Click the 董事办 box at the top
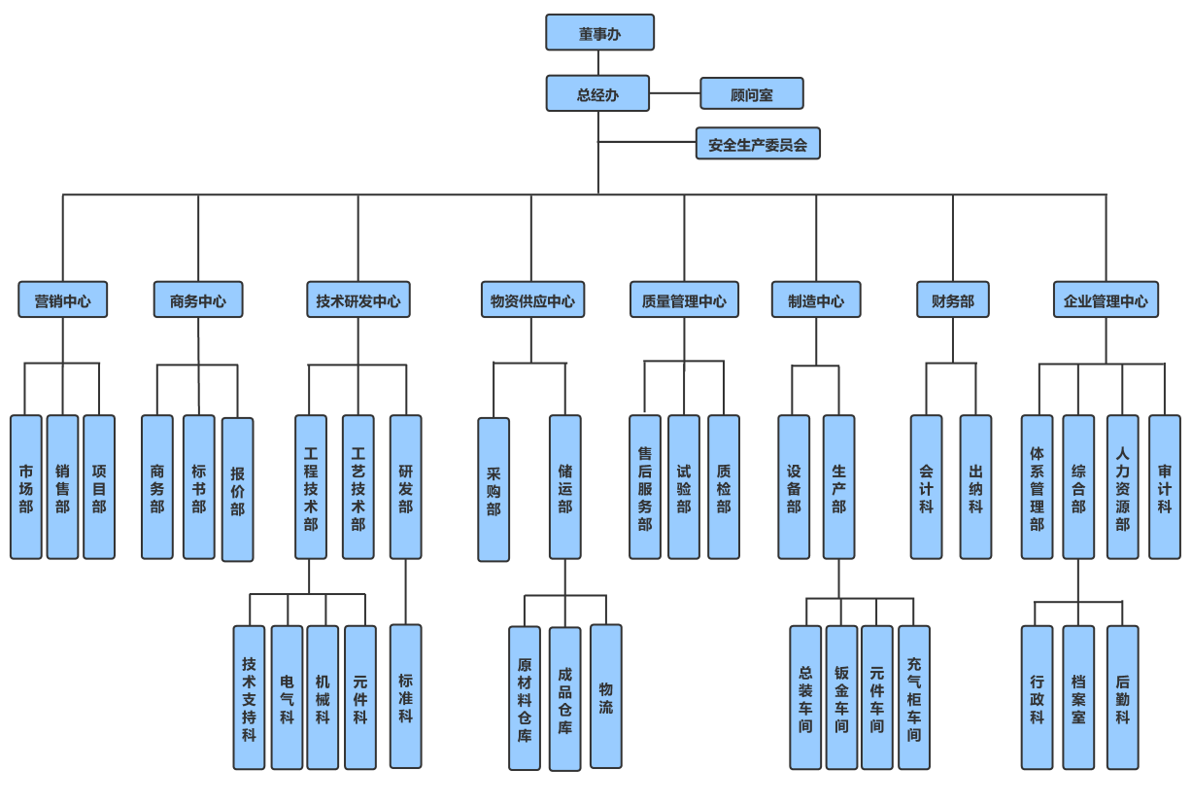click(x=599, y=32)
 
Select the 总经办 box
click(x=597, y=93)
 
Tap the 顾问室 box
click(x=752, y=93)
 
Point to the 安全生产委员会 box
click(x=758, y=144)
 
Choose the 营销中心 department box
click(x=62, y=300)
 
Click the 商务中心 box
click(x=198, y=300)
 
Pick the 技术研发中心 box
click(x=358, y=300)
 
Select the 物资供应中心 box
click(x=531, y=300)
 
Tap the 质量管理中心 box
click(x=684, y=300)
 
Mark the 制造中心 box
click(x=816, y=300)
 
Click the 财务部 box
click(x=952, y=300)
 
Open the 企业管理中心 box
click(x=1106, y=300)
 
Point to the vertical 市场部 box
click(x=26, y=487)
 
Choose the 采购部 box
click(x=494, y=490)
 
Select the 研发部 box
click(x=405, y=487)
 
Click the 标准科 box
click(x=405, y=696)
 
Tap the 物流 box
click(x=605, y=696)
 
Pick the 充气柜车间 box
click(x=914, y=697)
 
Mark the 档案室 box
click(x=1078, y=697)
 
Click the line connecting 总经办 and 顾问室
click(x=675, y=93)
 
